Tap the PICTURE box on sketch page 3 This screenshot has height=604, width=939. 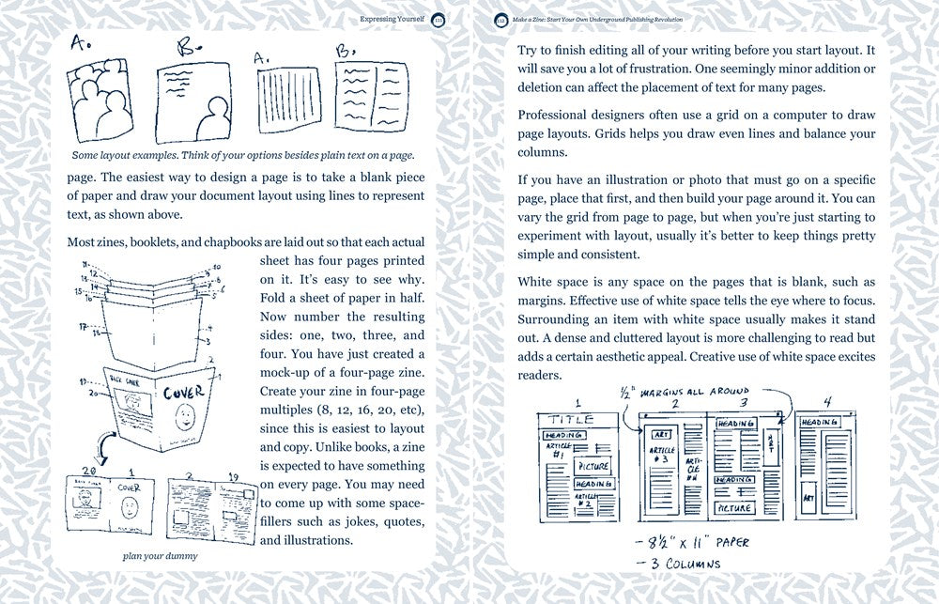[736, 507]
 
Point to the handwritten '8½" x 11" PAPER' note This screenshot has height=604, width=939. [688, 542]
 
